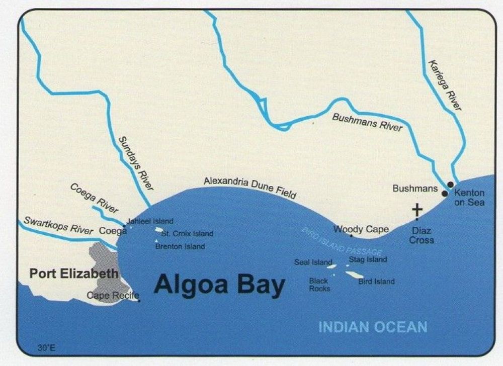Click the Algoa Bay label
pos(219,285)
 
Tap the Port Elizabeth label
pos(74,274)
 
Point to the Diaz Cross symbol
pos(417,209)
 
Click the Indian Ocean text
pos(373,328)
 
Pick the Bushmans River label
pos(367,122)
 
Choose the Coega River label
pos(94,198)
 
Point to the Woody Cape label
pos(361,229)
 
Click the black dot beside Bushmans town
pos(445,193)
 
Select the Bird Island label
pos(376,282)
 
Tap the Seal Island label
pos(313,262)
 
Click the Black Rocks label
pos(319,285)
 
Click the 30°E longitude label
pos(45,347)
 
